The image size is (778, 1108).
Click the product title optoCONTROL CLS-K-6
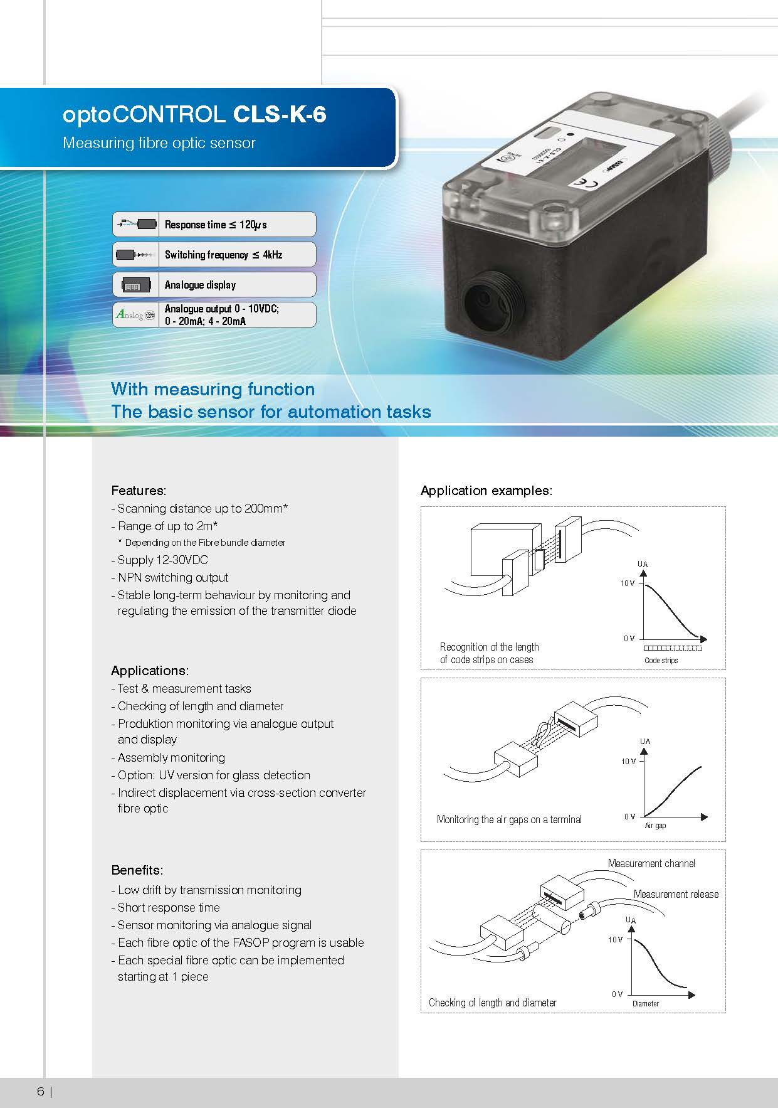pyautogui.click(x=194, y=115)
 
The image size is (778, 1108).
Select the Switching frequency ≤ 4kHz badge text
pyautogui.click(x=223, y=255)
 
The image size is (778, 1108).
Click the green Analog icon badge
pyautogui.click(x=135, y=315)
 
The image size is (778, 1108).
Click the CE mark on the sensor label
pyautogui.click(x=582, y=183)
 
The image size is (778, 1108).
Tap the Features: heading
pyautogui.click(x=139, y=491)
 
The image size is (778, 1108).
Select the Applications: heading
pyautogui.click(x=150, y=671)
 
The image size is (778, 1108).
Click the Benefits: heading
pyautogui.click(x=137, y=870)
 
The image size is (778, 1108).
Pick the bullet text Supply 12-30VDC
pyautogui.click(x=162, y=560)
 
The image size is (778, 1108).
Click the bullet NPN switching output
pyautogui.click(x=172, y=578)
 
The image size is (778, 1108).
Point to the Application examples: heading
pyautogui.click(x=486, y=491)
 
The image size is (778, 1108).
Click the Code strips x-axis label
pyautogui.click(x=661, y=661)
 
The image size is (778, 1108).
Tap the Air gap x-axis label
pyautogui.click(x=655, y=826)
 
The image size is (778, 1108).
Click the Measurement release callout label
pyautogui.click(x=676, y=894)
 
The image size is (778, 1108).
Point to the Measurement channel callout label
pyautogui.click(x=651, y=864)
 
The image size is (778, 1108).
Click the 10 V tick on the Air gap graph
pyautogui.click(x=628, y=762)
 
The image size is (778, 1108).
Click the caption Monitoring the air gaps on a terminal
pyautogui.click(x=509, y=819)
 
